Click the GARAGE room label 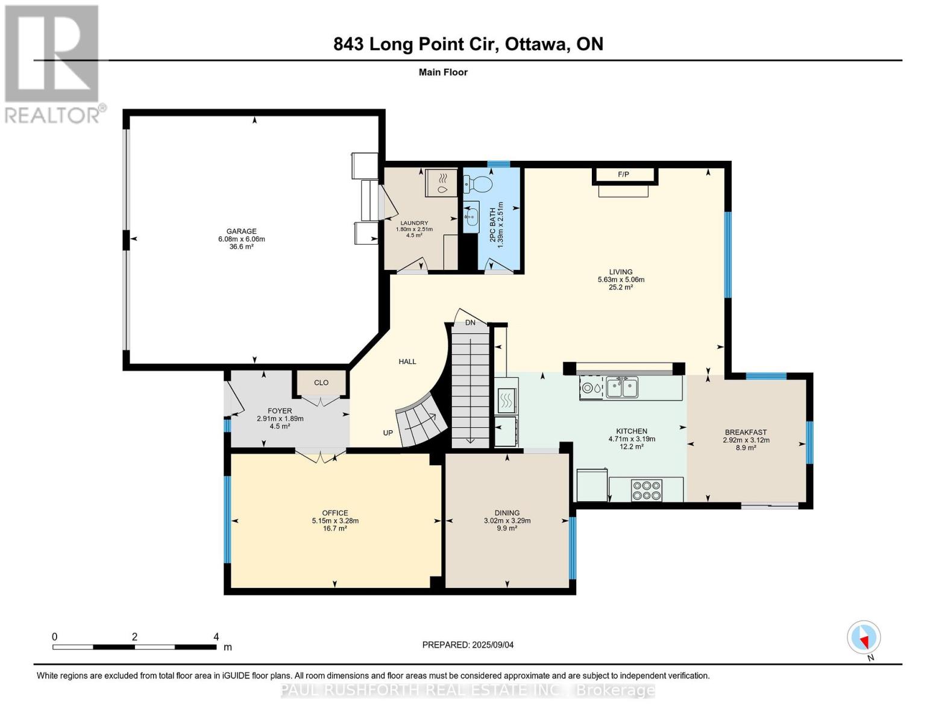[241, 231]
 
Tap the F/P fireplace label [623, 175]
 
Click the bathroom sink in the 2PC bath [471, 214]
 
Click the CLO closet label [321, 383]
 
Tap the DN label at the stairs [470, 323]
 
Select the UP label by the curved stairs [388, 433]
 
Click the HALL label [407, 361]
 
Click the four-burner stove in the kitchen [646, 490]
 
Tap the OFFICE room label [335, 513]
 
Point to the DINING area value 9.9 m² [507, 528]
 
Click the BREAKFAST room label [746, 432]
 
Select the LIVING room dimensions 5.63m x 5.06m [621, 280]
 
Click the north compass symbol [864, 637]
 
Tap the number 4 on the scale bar [216, 637]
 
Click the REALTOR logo [53, 63]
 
